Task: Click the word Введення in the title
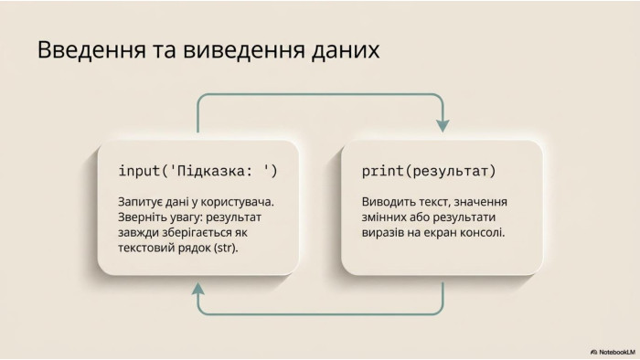coord(91,50)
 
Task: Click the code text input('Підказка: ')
coord(198,171)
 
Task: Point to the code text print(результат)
coord(429,171)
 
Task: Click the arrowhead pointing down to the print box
coord(443,126)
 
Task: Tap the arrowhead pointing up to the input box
coord(198,289)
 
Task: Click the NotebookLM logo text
coord(613,352)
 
